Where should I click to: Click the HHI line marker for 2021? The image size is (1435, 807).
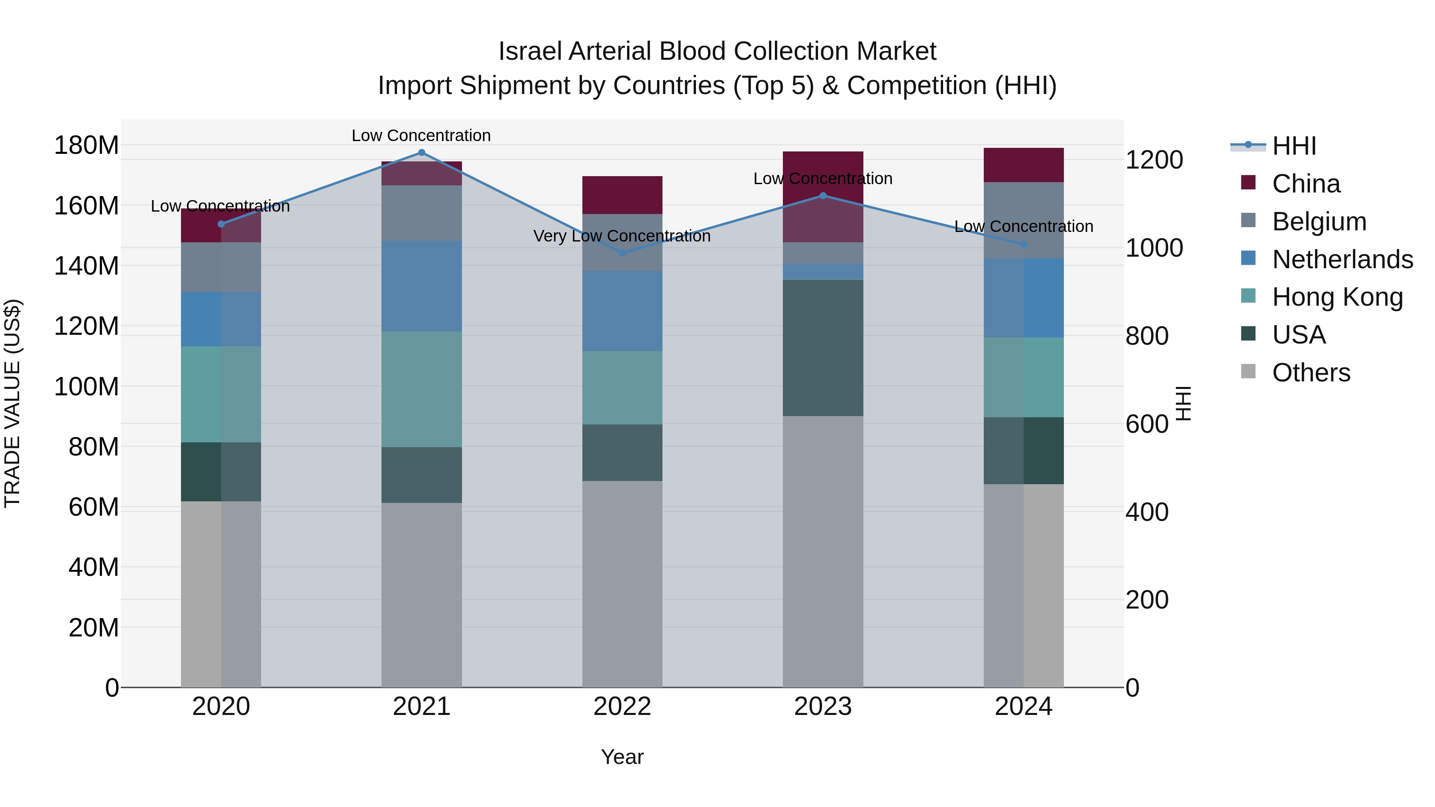[421, 153]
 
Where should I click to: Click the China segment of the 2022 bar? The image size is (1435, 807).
[622, 195]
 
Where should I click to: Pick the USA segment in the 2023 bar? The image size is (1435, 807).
[823, 348]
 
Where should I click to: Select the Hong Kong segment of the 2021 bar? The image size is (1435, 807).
[421, 389]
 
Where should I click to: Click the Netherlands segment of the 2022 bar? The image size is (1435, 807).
[622, 311]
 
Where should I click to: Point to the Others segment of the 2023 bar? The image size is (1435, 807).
[823, 552]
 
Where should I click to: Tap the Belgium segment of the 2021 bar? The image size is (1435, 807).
[421, 213]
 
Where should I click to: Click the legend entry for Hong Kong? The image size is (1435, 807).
[1337, 297]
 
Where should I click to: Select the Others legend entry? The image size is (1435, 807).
[1311, 373]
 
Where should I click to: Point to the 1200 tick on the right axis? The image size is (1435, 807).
[1154, 160]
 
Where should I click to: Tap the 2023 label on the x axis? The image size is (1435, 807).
[823, 707]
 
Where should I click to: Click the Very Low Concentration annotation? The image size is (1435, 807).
[622, 236]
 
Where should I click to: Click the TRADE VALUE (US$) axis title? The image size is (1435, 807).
[12, 403]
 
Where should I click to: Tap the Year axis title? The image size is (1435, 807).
[622, 757]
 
